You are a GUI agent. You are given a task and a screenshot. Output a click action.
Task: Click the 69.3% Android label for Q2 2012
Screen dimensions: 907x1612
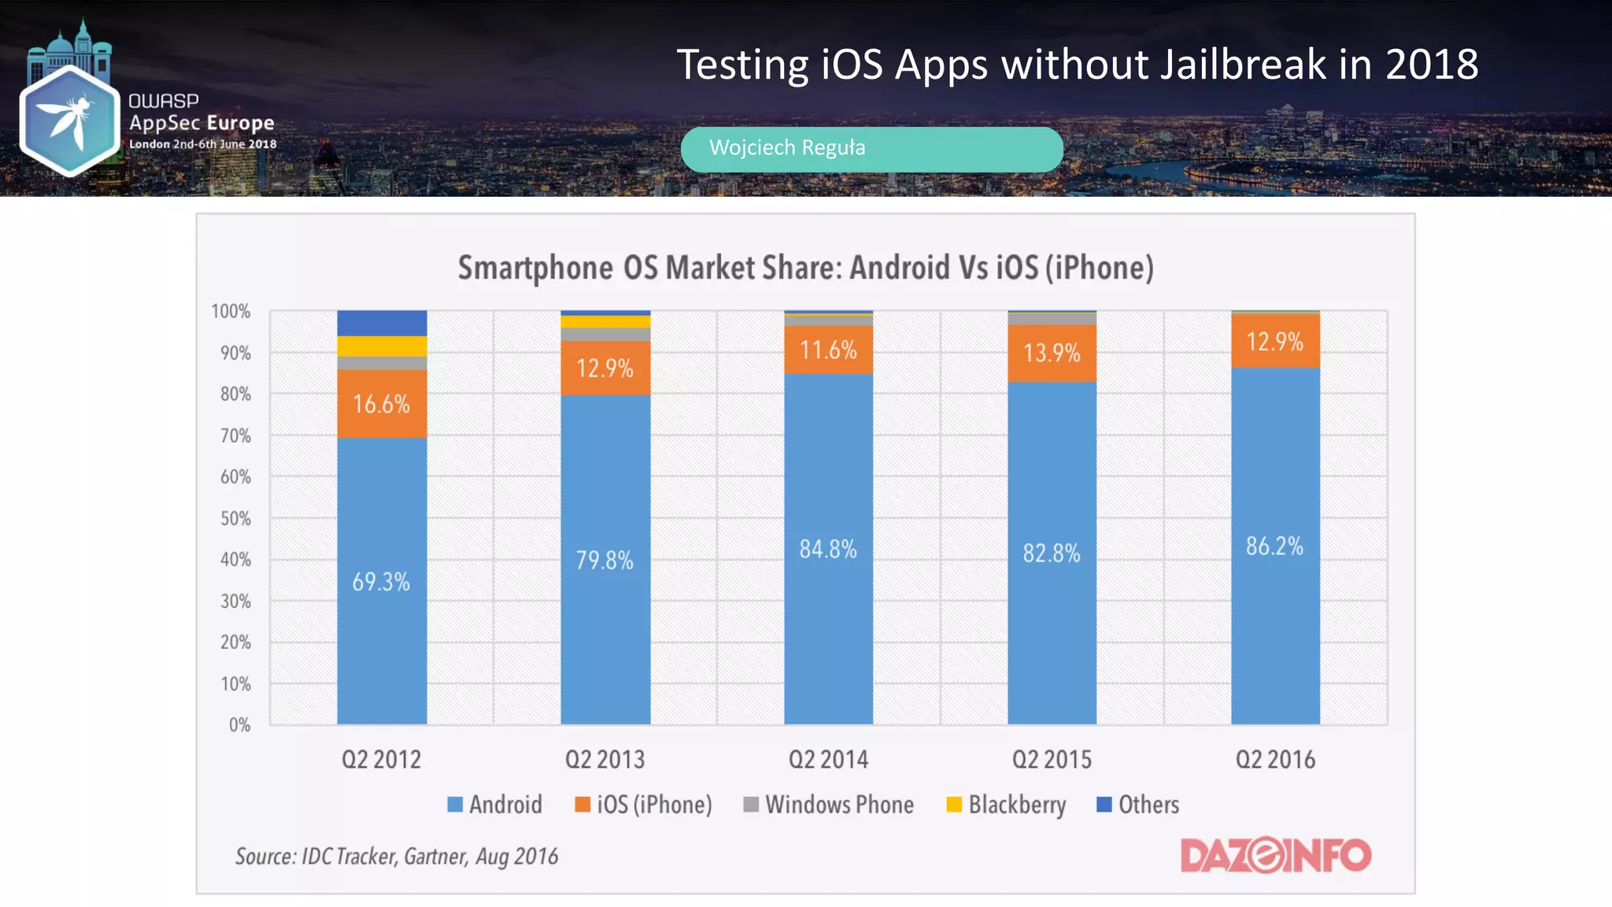click(381, 582)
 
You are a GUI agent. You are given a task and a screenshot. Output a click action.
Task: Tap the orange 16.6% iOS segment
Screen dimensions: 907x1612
click(381, 405)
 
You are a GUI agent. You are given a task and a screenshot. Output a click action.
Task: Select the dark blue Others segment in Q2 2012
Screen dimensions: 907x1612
click(382, 323)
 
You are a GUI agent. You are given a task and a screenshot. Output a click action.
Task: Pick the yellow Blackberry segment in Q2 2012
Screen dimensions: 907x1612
click(382, 346)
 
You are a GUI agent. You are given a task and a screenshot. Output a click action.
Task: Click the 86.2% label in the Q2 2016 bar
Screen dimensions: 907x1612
click(1274, 546)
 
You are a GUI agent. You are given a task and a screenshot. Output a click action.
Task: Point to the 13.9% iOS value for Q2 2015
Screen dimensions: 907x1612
click(1052, 353)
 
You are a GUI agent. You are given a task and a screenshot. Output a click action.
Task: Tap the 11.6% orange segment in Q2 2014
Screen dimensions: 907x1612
click(828, 350)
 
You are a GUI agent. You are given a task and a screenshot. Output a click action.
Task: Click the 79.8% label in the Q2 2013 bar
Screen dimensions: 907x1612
click(604, 561)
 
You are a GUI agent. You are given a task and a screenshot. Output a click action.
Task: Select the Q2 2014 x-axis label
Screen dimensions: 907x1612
click(828, 760)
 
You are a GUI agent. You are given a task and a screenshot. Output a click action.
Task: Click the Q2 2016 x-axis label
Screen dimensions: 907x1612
click(1275, 760)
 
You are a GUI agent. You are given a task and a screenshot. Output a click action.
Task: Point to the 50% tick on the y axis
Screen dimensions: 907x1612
click(235, 519)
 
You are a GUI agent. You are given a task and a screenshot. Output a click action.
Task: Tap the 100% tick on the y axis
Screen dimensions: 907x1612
click(231, 312)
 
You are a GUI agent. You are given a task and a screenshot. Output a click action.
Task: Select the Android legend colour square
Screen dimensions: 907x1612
click(455, 805)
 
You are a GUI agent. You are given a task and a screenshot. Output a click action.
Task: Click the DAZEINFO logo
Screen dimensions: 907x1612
click(1275, 855)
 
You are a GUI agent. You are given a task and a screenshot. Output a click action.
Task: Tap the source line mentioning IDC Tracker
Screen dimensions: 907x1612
click(397, 857)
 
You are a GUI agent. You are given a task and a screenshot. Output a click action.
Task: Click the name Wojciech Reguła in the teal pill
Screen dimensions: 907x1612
click(787, 148)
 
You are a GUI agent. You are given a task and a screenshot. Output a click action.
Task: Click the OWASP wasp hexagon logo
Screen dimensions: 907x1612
click(69, 120)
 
